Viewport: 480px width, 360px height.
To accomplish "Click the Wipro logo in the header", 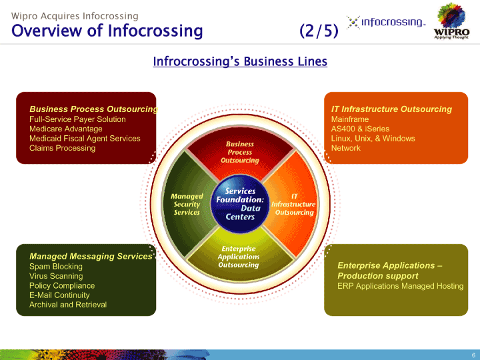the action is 451,21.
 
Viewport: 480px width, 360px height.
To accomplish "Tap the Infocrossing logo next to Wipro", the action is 386,23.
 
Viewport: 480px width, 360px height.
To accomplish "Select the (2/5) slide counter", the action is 319,31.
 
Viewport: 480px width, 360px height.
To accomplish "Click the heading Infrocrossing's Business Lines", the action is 240,61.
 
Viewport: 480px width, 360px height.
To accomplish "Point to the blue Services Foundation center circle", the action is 240,203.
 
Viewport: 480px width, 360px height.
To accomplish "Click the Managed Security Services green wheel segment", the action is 187,204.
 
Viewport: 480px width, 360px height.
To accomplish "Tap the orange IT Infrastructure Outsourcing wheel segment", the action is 293,204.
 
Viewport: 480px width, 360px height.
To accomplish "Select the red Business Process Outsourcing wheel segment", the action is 240,152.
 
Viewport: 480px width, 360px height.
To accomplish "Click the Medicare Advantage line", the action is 66,129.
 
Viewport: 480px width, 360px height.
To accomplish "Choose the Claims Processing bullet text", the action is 63,148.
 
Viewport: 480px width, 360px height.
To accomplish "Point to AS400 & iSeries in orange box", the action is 360,129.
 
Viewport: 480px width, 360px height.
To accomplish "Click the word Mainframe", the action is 350,119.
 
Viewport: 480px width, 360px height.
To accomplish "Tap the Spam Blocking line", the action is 56,267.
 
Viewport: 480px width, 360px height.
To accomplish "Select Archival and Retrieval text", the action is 68,305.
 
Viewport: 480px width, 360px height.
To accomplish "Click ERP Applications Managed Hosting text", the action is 401,286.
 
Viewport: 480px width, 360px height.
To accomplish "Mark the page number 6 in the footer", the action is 473,355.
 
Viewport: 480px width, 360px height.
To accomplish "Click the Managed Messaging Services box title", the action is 91,256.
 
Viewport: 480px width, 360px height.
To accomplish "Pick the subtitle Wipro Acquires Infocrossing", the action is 75,16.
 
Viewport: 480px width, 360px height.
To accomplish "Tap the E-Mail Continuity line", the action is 59,295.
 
